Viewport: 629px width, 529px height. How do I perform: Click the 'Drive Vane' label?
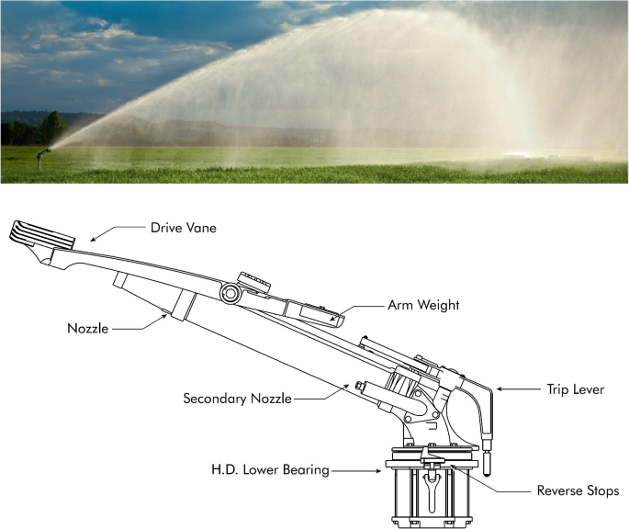[183, 228]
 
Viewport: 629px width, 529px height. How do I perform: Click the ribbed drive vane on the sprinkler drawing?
[41, 231]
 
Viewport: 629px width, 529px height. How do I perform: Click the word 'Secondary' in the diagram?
[215, 399]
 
